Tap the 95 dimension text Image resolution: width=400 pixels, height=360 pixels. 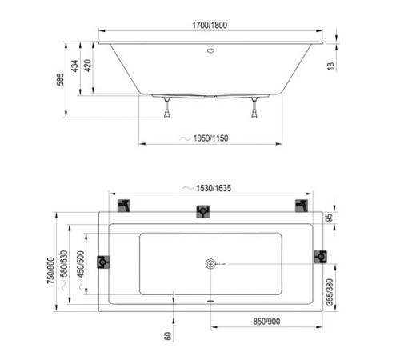coord(328,218)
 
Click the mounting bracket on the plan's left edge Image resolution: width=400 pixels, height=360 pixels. coord(103,262)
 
